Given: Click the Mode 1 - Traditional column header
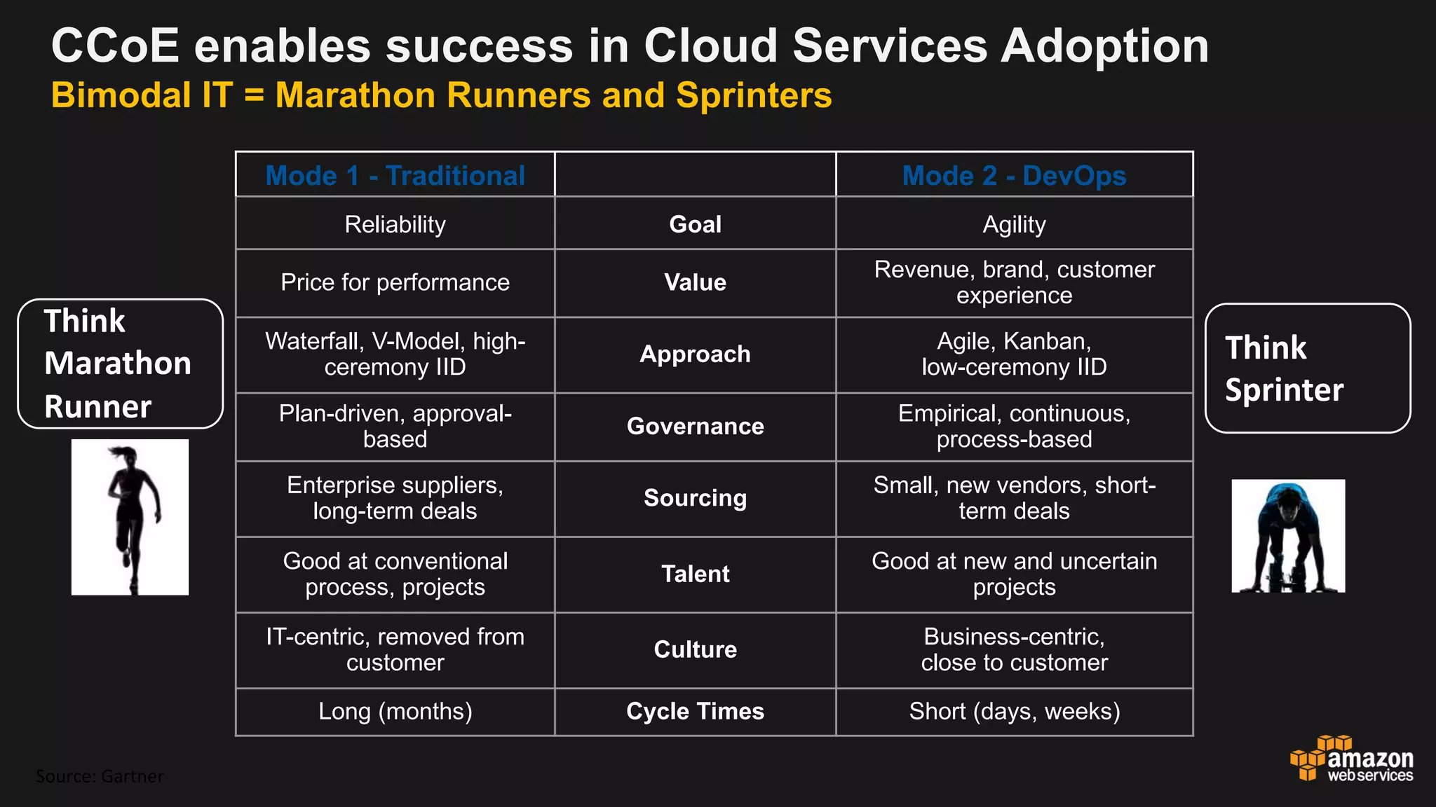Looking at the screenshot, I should (x=395, y=175).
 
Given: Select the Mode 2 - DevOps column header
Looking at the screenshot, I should (x=1014, y=175).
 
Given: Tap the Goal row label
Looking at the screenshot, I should (x=695, y=224).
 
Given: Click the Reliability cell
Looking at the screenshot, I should (x=395, y=224).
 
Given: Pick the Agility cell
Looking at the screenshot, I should (x=1014, y=224).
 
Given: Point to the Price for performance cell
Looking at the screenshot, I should (x=395, y=282).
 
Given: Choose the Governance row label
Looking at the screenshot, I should (x=695, y=426).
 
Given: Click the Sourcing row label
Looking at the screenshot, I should (x=695, y=497).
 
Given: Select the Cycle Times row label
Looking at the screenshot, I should (x=695, y=711).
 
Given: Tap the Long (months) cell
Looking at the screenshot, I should (x=395, y=711).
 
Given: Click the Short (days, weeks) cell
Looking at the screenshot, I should (x=1014, y=711).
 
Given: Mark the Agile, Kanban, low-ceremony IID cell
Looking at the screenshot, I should (x=1014, y=354).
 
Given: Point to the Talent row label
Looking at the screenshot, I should (x=695, y=574).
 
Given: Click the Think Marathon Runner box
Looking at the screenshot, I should (x=120, y=364).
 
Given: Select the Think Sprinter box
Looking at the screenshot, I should (x=1307, y=368).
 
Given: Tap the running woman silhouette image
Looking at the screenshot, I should (x=130, y=517).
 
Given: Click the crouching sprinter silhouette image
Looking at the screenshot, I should (x=1288, y=536).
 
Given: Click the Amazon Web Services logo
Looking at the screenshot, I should (x=1352, y=759).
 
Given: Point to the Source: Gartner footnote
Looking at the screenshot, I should (x=100, y=776).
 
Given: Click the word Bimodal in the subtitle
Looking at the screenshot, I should (x=121, y=95).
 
